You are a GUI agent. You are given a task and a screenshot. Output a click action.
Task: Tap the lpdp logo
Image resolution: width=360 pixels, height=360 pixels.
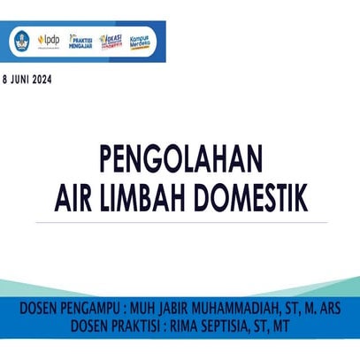pyautogui.click(x=49, y=42)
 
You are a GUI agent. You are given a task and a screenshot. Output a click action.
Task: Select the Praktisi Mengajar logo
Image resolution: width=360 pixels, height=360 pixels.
pyautogui.click(x=80, y=42)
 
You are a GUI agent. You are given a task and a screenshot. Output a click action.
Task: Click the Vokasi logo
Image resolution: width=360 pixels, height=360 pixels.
pyautogui.click(x=111, y=42)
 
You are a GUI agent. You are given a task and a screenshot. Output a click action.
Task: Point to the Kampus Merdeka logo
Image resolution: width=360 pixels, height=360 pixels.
pyautogui.click(x=142, y=42)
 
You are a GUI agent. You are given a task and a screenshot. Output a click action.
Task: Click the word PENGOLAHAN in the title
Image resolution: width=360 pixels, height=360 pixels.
pyautogui.click(x=180, y=162)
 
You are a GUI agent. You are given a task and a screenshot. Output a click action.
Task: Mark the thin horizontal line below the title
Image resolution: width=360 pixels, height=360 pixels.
pyautogui.click(x=180, y=223)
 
